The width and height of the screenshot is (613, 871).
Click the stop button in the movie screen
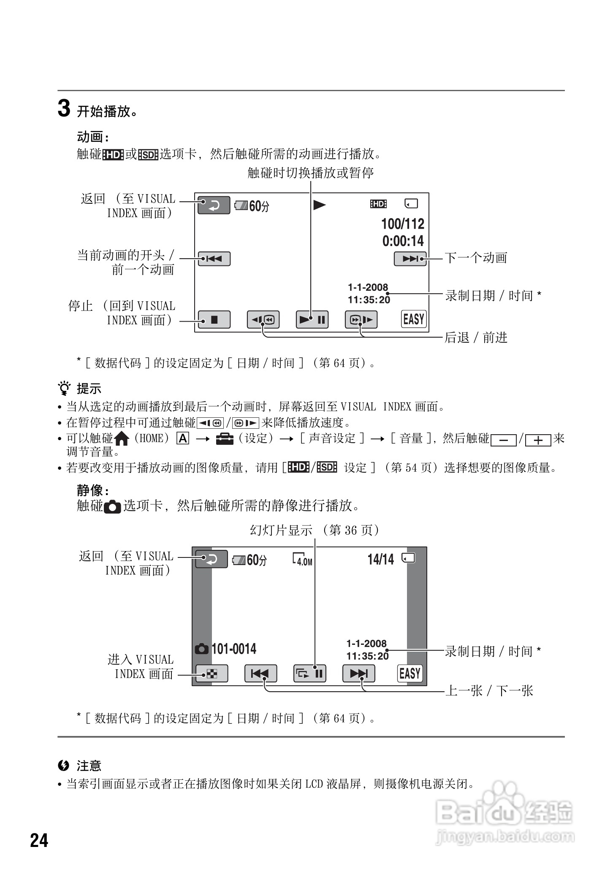[214, 319]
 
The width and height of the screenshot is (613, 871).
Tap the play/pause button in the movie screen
[312, 319]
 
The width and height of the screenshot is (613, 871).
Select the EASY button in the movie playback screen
[413, 319]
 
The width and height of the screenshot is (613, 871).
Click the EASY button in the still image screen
[410, 673]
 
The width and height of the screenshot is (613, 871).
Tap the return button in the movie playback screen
[214, 206]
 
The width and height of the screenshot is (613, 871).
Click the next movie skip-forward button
[410, 259]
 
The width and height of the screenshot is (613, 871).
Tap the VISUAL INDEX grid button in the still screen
[212, 674]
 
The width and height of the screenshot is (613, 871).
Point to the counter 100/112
[402, 224]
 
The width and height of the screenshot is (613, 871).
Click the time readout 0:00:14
[403, 241]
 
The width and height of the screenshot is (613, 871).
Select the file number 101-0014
[233, 649]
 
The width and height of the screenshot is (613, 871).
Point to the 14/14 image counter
[380, 560]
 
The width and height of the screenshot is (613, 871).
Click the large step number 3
[63, 109]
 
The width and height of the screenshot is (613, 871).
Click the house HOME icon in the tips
[122, 439]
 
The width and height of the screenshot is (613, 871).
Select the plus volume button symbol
[538, 440]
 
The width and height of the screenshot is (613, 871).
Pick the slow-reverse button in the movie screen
[263, 319]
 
